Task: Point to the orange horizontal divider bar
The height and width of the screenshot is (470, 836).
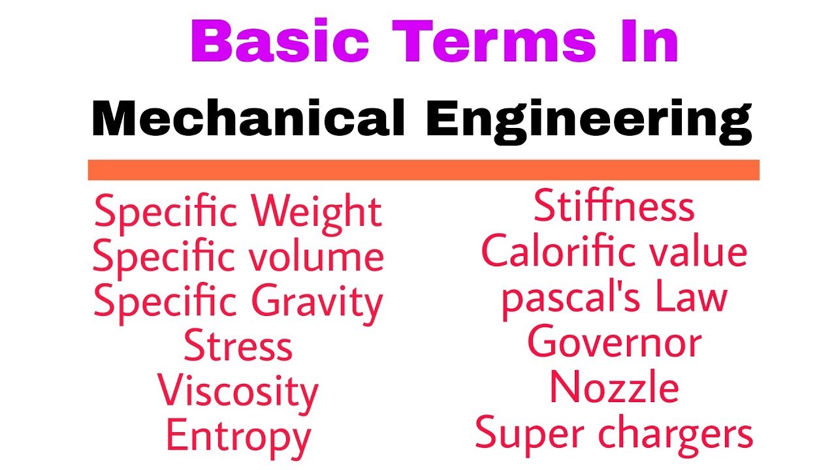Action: point(423,170)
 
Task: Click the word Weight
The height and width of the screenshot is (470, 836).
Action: point(317,213)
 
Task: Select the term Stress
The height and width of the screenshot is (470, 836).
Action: point(238,347)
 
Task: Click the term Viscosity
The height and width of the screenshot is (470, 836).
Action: point(238,392)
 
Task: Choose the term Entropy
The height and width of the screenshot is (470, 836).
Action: point(238,437)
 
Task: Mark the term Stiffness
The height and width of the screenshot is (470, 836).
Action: point(614,206)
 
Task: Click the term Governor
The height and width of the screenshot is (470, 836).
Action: point(614,343)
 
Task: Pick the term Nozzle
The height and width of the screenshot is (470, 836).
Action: point(614,388)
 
